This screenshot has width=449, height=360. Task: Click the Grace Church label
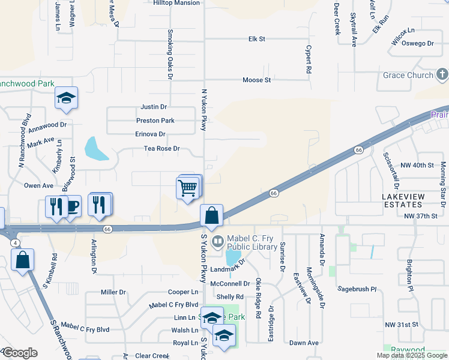pyautogui.click(x=408, y=75)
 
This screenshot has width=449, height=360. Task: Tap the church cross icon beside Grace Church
pyautogui.click(x=442, y=75)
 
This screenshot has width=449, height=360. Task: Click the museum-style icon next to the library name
pyautogui.click(x=217, y=241)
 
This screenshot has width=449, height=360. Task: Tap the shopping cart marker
pyautogui.click(x=188, y=188)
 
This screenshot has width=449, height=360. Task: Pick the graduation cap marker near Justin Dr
pyautogui.click(x=66, y=99)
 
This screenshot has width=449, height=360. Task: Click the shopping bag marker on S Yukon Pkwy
pyautogui.click(x=212, y=216)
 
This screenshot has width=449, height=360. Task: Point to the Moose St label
pyautogui.click(x=257, y=80)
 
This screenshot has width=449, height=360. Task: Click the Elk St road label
pyautogui.click(x=257, y=39)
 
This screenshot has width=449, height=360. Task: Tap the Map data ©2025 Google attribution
pyautogui.click(x=412, y=355)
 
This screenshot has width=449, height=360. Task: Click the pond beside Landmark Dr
pyautogui.click(x=232, y=259)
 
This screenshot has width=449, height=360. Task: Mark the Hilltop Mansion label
pyautogui.click(x=176, y=3)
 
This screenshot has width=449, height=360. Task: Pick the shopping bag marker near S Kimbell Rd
pyautogui.click(x=23, y=260)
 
